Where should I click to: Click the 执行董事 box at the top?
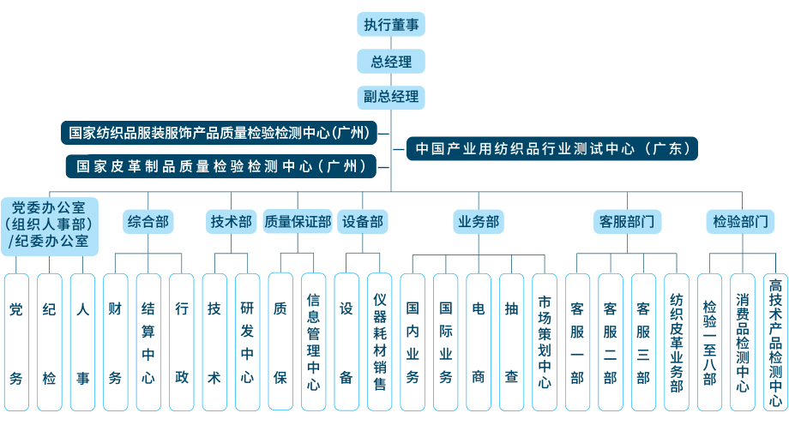click(x=391, y=24)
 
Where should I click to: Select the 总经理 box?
click(x=391, y=61)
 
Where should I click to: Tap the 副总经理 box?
click(x=391, y=96)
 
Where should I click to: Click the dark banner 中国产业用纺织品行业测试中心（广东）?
click(x=551, y=148)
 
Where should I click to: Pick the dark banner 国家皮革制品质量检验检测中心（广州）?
click(x=220, y=165)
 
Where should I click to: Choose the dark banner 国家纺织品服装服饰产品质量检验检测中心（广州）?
click(x=220, y=133)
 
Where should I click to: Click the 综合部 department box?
click(x=148, y=222)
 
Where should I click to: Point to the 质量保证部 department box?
click(x=297, y=222)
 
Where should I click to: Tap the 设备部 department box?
click(x=362, y=222)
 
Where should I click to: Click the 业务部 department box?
click(x=478, y=222)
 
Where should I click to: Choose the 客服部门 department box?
click(x=626, y=222)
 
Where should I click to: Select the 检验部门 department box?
click(x=741, y=222)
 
